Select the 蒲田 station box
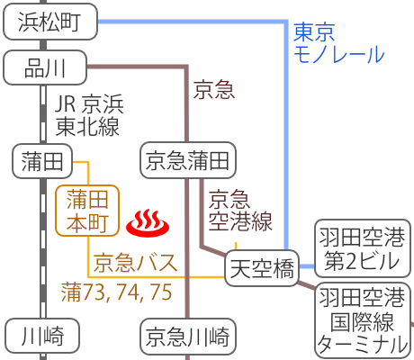(x=42, y=161)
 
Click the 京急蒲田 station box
(x=188, y=161)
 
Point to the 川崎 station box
(x=42, y=337)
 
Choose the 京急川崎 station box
(x=188, y=337)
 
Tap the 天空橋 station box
(x=261, y=269)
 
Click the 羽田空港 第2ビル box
(x=361, y=248)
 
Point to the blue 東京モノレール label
(x=337, y=43)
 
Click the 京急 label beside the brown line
(x=214, y=89)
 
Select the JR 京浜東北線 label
(x=87, y=113)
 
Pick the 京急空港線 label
(x=239, y=209)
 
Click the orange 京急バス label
(x=135, y=263)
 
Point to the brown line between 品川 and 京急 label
(x=135, y=66)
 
